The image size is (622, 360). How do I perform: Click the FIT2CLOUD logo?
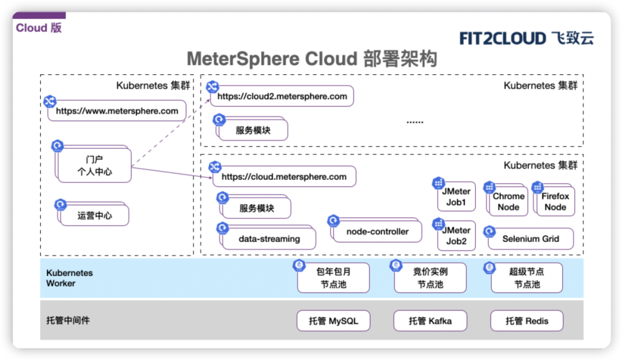pyautogui.click(x=526, y=39)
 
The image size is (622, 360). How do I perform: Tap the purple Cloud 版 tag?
pyautogui.click(x=39, y=28)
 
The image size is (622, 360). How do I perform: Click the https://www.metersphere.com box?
pyautogui.click(x=117, y=111)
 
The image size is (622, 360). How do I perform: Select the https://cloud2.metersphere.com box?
pyautogui.click(x=282, y=96)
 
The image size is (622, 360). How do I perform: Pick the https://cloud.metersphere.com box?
pyautogui.click(x=284, y=177)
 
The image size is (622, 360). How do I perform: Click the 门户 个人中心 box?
pyautogui.click(x=94, y=165)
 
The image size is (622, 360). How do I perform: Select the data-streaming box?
pyautogui.click(x=269, y=238)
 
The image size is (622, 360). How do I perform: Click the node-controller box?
pyautogui.click(x=377, y=232)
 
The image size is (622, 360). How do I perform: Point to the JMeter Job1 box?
pyautogui.click(x=456, y=197)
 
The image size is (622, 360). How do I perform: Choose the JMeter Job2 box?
pyautogui.click(x=456, y=236)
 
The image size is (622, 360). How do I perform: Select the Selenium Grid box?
pyautogui.click(x=530, y=238)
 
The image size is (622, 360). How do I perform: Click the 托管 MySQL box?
pyautogui.click(x=333, y=321)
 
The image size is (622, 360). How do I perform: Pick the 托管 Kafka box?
pyautogui.click(x=430, y=321)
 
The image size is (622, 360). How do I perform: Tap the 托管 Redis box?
pyautogui.click(x=527, y=321)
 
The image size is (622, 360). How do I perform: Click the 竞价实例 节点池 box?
pyautogui.click(x=430, y=278)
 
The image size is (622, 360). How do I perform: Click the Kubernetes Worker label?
pyautogui.click(x=70, y=278)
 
